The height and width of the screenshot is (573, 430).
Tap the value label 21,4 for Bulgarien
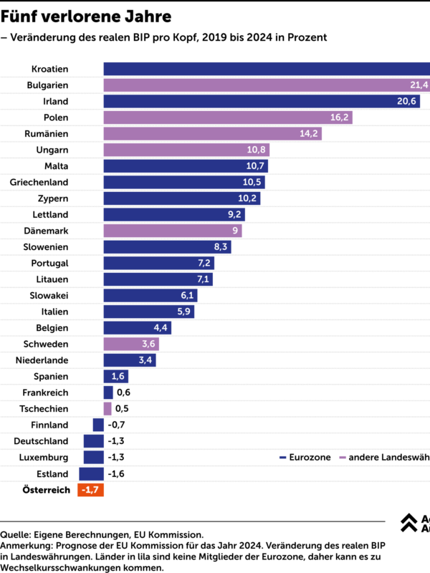coord(419,85)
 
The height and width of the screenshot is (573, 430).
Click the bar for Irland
coord(262,101)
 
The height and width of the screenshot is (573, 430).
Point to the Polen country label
coord(56,117)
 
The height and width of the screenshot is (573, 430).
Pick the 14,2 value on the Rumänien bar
coord(310,133)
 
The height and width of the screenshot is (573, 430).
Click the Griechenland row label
coord(39,182)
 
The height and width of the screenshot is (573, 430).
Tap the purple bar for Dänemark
coord(173,231)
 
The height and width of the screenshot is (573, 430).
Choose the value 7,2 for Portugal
coord(204,263)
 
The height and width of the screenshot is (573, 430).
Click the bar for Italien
coord(149,312)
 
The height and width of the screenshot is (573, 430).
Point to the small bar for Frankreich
coord(108,393)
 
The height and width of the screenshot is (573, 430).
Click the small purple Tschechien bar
coord(107,408)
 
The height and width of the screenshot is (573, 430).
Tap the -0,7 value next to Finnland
coord(118,425)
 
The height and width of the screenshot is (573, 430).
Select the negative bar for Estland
coord(91,473)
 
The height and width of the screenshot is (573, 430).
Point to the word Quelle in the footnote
coord(15,534)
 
